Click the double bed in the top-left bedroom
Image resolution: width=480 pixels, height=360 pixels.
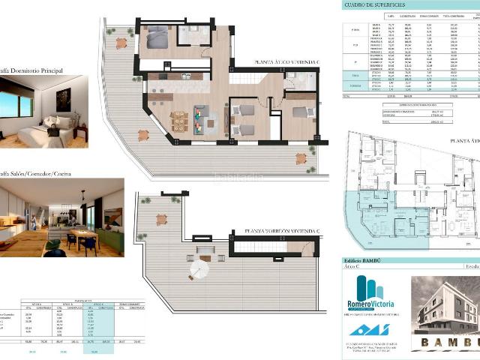point(158,37)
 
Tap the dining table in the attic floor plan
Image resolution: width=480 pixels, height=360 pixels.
point(179,119)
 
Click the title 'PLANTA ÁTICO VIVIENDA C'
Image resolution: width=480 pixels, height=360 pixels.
point(287,62)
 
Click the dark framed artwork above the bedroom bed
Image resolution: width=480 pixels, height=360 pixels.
point(63,97)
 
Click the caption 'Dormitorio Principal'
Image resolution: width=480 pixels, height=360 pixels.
point(37,70)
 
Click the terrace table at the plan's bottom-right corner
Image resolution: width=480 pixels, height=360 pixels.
point(301,159)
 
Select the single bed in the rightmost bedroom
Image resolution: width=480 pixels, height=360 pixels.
point(301,112)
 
